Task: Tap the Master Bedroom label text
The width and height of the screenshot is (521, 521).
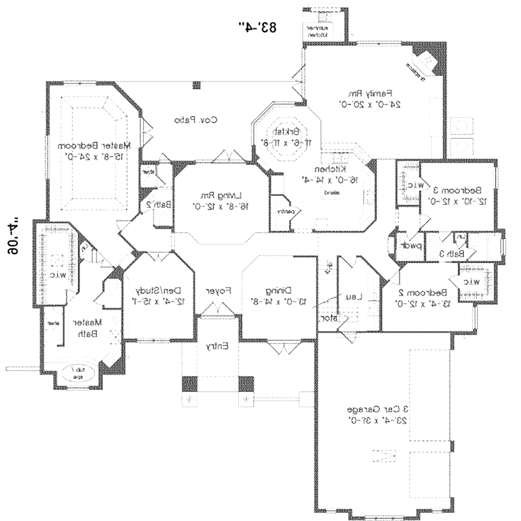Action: [x=94, y=146]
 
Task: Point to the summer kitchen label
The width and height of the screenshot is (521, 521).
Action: [x=318, y=32]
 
